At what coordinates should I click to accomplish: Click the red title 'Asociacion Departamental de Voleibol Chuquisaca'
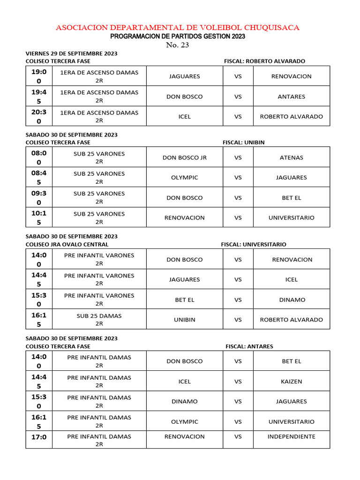click(x=178, y=28)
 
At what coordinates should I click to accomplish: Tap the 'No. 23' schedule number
click(x=178, y=45)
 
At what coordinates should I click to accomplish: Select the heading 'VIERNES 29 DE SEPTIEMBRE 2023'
click(x=71, y=53)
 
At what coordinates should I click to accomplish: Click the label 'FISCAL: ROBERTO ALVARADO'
click(x=264, y=61)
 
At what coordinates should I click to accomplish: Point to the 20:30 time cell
click(x=39, y=116)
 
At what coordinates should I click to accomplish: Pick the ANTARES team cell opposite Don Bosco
click(x=291, y=97)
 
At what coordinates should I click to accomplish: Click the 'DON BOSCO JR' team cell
click(x=184, y=157)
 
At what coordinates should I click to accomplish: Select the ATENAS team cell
click(x=291, y=157)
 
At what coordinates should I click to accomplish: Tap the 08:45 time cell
click(x=39, y=177)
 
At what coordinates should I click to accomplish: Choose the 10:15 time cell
click(x=39, y=217)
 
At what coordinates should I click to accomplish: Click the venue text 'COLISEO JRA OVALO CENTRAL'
click(x=67, y=244)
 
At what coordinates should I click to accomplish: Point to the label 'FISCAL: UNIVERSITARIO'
click(x=254, y=244)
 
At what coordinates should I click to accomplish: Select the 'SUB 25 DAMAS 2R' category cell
click(x=99, y=319)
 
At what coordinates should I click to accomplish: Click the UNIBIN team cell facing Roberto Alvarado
click(x=184, y=320)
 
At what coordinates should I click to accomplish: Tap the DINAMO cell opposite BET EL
click(x=291, y=300)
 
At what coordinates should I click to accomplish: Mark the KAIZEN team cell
click(x=291, y=382)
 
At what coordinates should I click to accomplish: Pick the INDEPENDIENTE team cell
click(x=291, y=436)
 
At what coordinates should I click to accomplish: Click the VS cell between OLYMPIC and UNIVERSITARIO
click(x=238, y=421)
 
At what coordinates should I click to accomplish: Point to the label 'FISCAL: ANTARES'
click(x=249, y=346)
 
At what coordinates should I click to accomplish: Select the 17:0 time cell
click(x=39, y=437)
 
